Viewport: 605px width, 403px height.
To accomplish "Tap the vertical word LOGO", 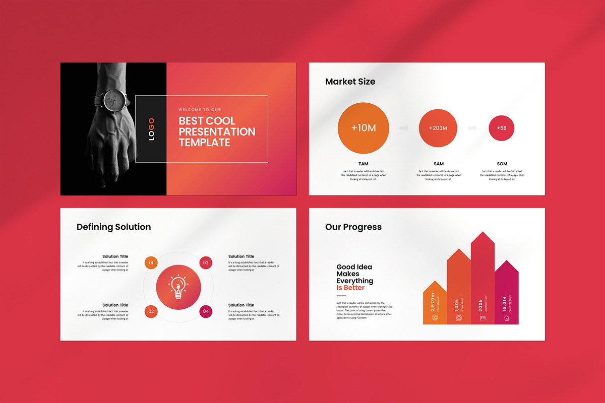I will tap(151, 129).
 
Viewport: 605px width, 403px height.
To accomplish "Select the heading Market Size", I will tap(350, 82).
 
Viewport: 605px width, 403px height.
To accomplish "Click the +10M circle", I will tap(364, 128).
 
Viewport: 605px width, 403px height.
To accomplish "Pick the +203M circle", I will tap(438, 128).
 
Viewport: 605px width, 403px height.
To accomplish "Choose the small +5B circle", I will tap(501, 128).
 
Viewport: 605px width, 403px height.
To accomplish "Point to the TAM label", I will tap(364, 164).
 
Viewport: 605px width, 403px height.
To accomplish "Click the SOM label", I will tap(502, 164).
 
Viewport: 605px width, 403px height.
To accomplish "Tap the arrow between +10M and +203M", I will tap(404, 128).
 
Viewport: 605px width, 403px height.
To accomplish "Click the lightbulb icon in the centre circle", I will tap(178, 287).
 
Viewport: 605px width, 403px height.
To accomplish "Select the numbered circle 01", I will tap(151, 262).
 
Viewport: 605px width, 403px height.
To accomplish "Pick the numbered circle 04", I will tap(206, 312).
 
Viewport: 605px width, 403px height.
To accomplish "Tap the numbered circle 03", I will tap(206, 262).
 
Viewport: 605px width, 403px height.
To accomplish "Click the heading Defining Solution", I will tap(113, 227).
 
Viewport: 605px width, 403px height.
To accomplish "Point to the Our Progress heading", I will tap(353, 227).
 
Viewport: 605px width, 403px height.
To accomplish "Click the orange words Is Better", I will tap(350, 288).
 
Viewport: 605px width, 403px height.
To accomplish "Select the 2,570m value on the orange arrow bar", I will tap(433, 302).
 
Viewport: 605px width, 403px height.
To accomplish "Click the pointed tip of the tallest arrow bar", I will tap(483, 233).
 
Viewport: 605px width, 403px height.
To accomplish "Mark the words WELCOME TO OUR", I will tap(199, 109).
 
